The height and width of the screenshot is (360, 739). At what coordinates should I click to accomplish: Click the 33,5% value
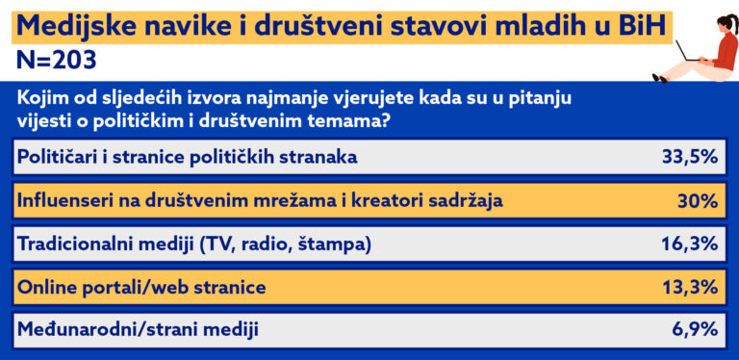coord(690,157)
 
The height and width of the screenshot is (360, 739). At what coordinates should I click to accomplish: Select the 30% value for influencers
coord(698,201)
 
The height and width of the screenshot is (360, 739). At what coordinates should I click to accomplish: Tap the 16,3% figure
coord(690,244)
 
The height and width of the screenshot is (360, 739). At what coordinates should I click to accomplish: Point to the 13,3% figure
coord(690,287)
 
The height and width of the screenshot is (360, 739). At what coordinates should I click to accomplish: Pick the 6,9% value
coord(695,329)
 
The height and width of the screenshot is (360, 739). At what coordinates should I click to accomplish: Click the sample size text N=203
coord(57,61)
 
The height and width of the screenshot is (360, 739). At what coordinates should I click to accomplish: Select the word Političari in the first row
coord(58,157)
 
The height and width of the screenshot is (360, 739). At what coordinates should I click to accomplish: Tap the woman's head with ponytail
coord(726,23)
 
